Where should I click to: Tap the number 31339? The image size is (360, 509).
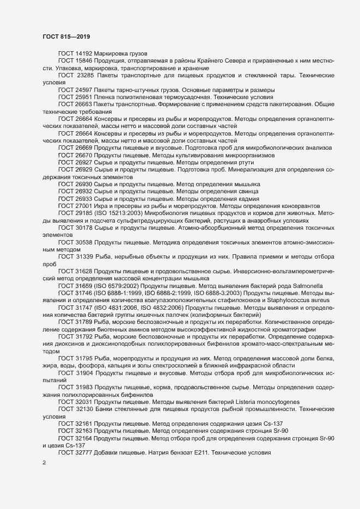pos(84,256)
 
